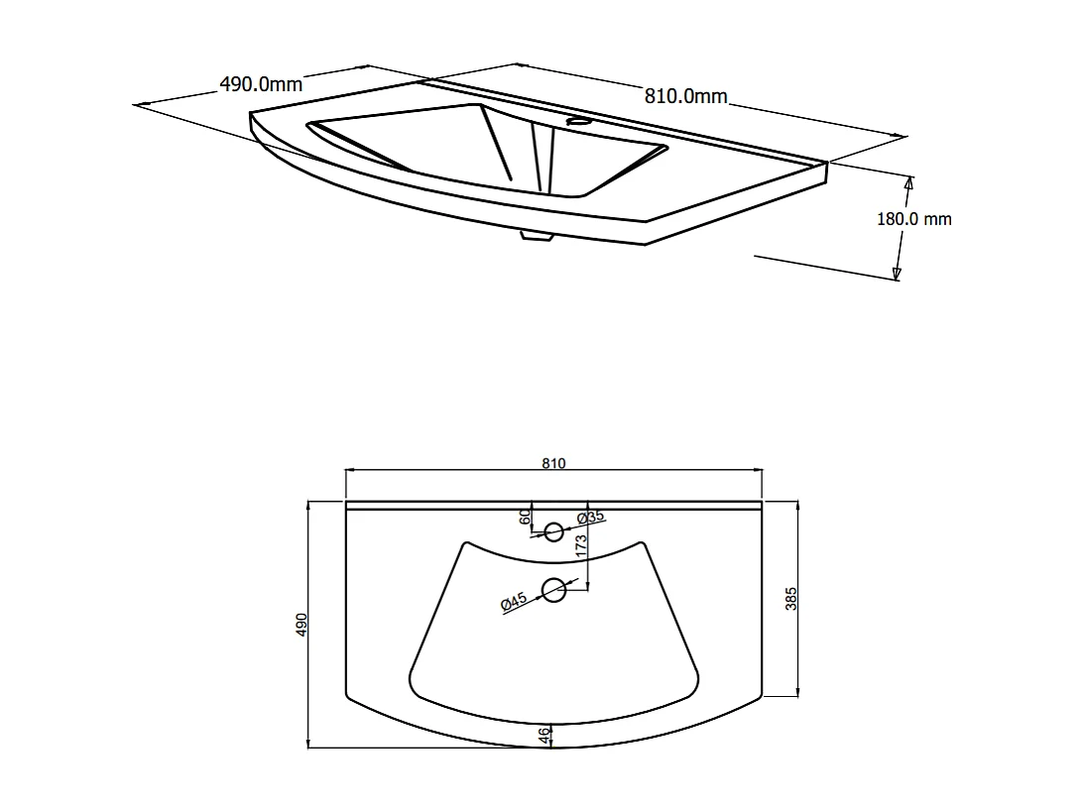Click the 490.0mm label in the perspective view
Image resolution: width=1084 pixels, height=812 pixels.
click(260, 84)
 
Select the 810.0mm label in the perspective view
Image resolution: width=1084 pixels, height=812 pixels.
click(686, 96)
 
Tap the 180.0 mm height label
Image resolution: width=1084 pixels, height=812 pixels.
click(913, 219)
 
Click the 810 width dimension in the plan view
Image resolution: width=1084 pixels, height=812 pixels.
click(553, 464)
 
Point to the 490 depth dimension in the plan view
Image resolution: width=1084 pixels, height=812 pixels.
click(302, 624)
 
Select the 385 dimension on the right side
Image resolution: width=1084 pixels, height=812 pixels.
click(791, 598)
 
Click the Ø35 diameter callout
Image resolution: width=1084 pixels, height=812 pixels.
click(591, 517)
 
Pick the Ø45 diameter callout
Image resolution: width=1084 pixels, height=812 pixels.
click(513, 601)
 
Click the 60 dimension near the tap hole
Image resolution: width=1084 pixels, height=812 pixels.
click(525, 517)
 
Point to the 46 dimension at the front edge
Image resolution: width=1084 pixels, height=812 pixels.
click(543, 736)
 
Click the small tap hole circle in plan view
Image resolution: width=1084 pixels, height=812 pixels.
click(553, 532)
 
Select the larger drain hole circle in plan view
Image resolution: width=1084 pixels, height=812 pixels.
click(553, 591)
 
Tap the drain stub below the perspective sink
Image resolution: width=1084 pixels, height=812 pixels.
click(537, 236)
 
